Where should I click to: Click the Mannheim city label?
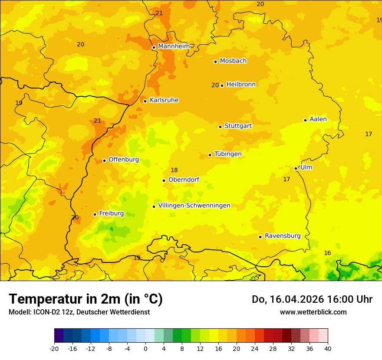174,46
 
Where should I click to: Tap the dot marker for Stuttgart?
220,127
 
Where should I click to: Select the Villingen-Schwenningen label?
194,206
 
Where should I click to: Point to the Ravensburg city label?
282,236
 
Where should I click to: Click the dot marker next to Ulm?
296,168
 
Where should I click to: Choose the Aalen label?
318,119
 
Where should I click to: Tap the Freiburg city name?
111,213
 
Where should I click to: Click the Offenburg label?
123,160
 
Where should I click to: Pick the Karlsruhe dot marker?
145,101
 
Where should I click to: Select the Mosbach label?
233,61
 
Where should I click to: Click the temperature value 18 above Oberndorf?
174,170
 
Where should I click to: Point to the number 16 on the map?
327,253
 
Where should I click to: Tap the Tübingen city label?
227,154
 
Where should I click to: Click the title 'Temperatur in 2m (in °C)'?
86,299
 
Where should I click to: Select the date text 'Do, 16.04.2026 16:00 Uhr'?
312,299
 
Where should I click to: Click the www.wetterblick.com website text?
313,312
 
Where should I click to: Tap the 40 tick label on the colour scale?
327,348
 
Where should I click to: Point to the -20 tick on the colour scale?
54,348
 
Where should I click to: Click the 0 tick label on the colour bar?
145,348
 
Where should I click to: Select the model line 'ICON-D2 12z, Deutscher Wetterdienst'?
79,312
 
